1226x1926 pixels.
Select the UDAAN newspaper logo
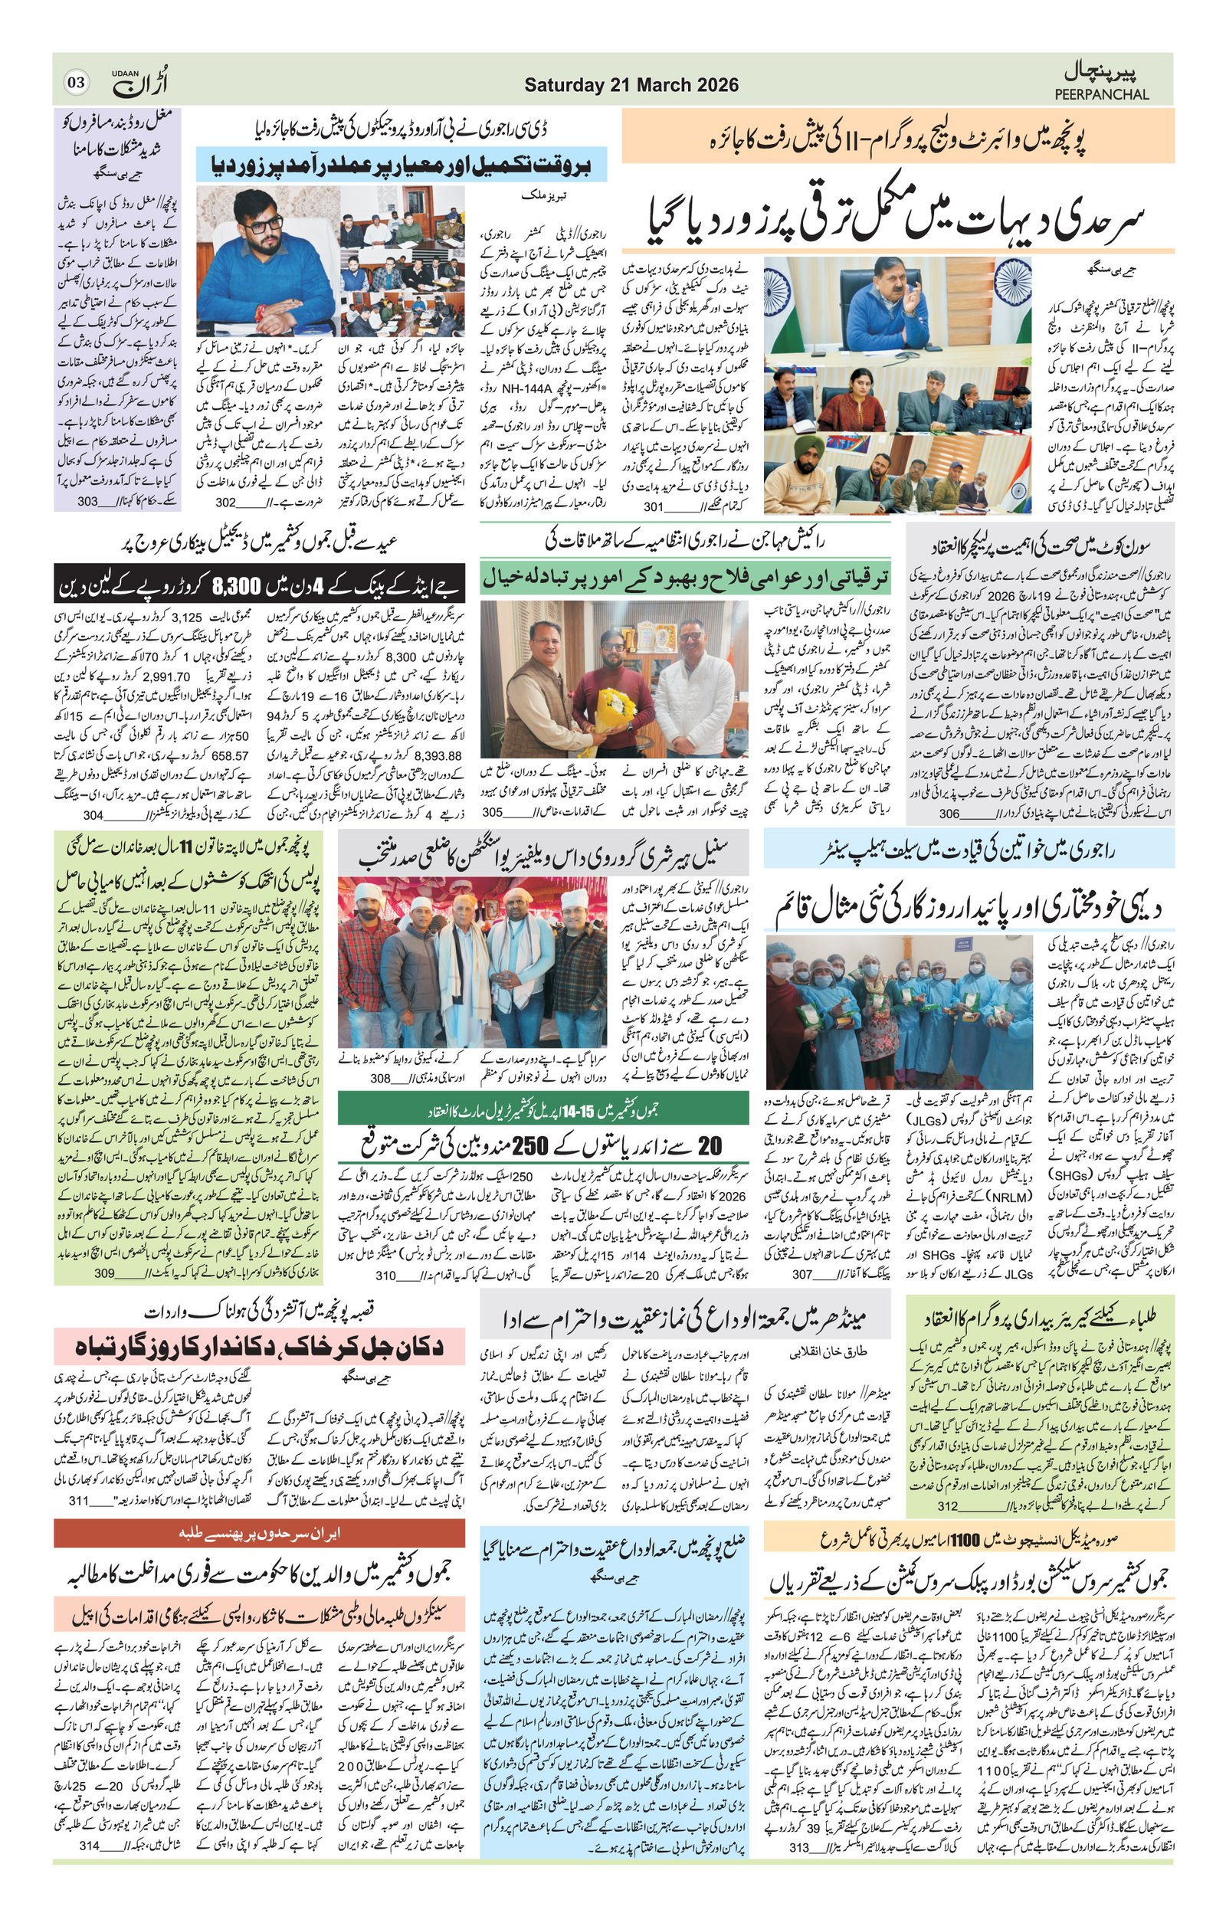[141, 80]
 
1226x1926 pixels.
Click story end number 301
[654, 506]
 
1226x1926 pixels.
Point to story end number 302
[226, 503]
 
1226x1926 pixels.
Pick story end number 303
[88, 503]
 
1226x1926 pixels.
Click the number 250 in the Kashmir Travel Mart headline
[533, 1145]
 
